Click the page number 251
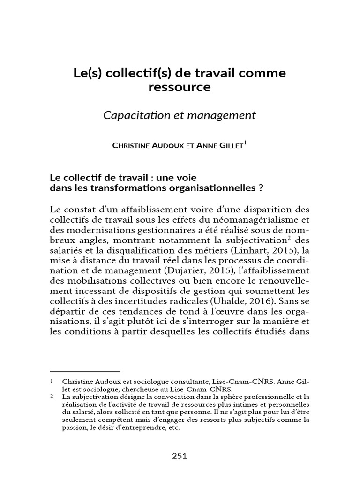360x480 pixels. (x=180, y=455)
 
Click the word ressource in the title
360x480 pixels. (x=180, y=87)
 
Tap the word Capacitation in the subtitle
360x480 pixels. (x=133, y=115)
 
